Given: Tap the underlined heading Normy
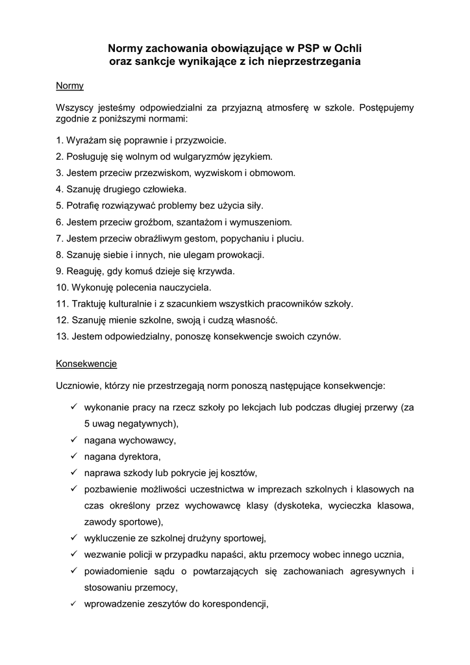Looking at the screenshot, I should pos(69,85).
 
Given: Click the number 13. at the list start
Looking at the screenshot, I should pos(63,336).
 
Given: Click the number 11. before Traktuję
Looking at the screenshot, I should pos(63,303).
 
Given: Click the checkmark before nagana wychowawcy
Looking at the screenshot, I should pos(74,440).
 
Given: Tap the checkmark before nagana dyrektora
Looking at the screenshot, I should pos(74,456).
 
